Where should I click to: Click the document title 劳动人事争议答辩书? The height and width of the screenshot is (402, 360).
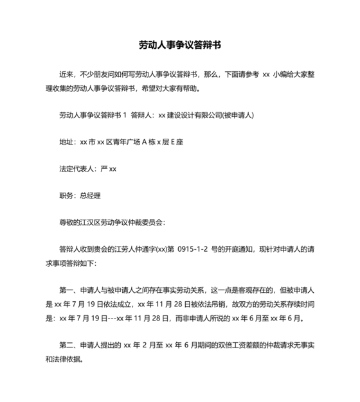pos(180,46)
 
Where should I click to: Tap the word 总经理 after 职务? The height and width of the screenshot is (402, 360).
pos(90,196)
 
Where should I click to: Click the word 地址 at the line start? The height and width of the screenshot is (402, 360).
pos(66,143)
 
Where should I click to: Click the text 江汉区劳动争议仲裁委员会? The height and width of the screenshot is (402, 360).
pos(123,222)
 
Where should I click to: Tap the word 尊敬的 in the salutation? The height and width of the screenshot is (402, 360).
pos(69,222)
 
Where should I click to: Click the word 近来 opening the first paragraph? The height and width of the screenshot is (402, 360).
pos(66,74)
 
